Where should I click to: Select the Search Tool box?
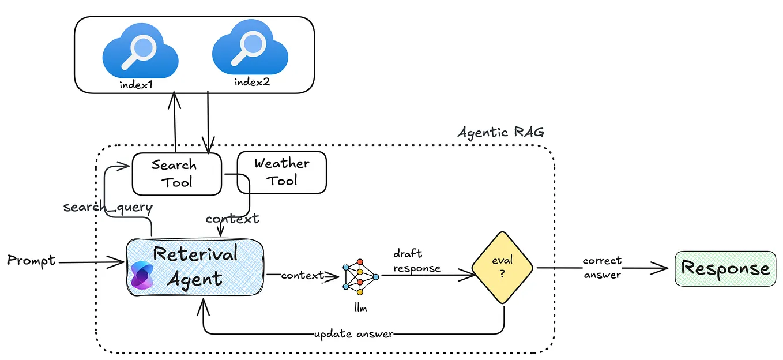click(x=176, y=174)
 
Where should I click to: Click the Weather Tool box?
click(x=282, y=172)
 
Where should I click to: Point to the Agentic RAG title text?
click(x=500, y=132)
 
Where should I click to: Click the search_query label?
click(x=107, y=207)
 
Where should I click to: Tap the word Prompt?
click(x=31, y=261)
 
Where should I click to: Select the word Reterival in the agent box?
click(x=195, y=254)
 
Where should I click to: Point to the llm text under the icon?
click(x=360, y=309)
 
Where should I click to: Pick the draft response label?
click(x=416, y=261)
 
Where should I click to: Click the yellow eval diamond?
click(x=502, y=268)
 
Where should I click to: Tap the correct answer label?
click(x=601, y=268)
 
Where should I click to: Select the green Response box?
click(x=725, y=268)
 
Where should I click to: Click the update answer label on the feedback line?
click(x=354, y=334)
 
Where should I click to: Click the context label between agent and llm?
click(x=302, y=276)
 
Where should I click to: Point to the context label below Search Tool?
click(x=232, y=219)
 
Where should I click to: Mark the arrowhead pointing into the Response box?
click(x=663, y=268)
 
